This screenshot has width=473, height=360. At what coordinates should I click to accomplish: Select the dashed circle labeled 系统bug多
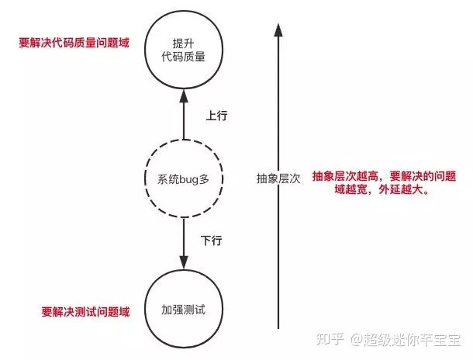(184, 179)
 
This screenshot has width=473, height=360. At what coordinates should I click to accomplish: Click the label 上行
(216, 116)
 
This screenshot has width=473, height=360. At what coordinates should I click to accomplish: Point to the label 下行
(212, 241)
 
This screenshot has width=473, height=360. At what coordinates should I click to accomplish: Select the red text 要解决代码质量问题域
(74, 43)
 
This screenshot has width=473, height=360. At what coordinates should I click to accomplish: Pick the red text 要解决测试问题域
(85, 312)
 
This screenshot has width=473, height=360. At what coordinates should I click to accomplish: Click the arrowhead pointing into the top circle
(184, 95)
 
